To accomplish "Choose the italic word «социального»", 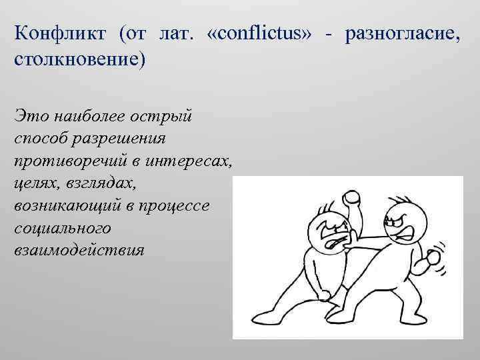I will pos(63,229).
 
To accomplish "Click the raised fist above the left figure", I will pos(351,198).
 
